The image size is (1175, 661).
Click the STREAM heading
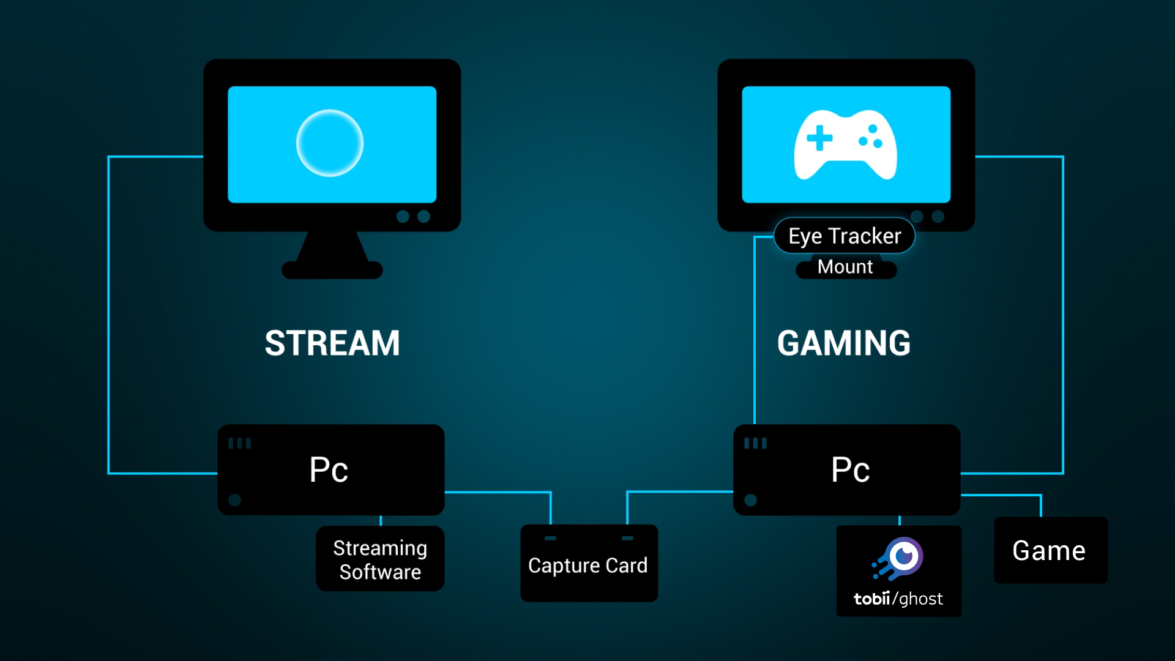click(x=332, y=343)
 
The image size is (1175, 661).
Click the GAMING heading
click(x=844, y=343)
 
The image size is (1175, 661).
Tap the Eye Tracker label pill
click(x=844, y=236)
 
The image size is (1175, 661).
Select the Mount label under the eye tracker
click(x=845, y=267)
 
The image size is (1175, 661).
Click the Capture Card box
click(x=588, y=565)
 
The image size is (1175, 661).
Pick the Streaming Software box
click(x=380, y=559)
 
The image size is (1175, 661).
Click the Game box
click(x=1050, y=551)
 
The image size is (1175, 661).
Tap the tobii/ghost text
click(x=898, y=599)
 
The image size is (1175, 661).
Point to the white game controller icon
click(x=845, y=145)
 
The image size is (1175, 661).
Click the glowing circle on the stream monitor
click(x=330, y=143)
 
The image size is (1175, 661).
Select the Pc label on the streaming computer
click(x=329, y=470)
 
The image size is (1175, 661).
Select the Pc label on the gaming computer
click(x=850, y=470)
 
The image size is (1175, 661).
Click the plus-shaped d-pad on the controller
click(x=819, y=138)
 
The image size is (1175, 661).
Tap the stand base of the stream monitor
click(x=332, y=270)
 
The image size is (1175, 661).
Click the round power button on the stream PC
click(x=234, y=499)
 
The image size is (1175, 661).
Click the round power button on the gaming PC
click(x=750, y=499)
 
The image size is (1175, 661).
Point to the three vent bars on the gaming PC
click(x=755, y=443)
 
